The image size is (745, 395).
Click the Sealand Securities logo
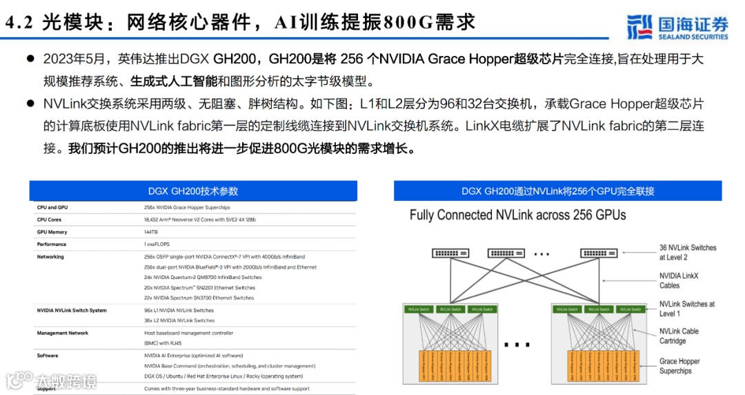click(678, 26)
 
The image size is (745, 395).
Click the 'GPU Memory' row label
click(52, 232)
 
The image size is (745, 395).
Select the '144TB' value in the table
click(151, 232)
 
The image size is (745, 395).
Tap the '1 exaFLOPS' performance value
click(157, 244)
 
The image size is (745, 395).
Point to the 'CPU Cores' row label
click(49, 220)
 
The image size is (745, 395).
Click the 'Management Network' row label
click(63, 333)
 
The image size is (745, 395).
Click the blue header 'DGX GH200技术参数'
click(192, 191)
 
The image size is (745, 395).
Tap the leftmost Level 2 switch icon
click(450, 253)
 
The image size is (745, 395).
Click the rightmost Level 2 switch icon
click(597, 253)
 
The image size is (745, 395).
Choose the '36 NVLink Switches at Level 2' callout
click(687, 252)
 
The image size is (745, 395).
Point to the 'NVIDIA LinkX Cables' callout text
click(679, 280)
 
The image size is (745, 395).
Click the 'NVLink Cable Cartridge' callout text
click(679, 336)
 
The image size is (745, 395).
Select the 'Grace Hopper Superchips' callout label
click(679, 366)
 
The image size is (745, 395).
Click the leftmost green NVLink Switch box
click(419, 309)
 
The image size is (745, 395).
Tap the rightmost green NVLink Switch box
click(630, 309)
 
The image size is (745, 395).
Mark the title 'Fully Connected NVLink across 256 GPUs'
click(517, 215)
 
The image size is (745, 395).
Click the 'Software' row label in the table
click(48, 356)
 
